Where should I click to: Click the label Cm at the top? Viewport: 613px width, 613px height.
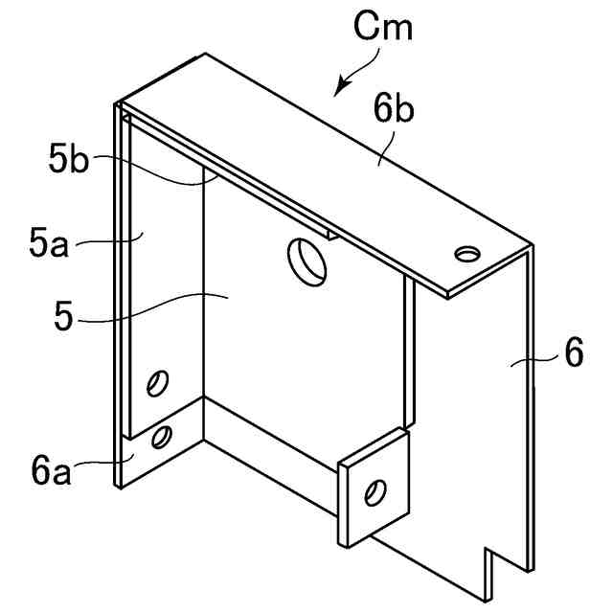pyautogui.click(x=384, y=28)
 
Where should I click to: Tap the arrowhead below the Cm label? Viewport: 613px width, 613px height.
pyautogui.click(x=336, y=93)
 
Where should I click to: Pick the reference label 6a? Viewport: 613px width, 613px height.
pyautogui.click(x=49, y=471)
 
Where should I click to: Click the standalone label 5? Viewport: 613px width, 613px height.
pyautogui.click(x=64, y=317)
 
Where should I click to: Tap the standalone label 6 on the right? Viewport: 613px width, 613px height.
pyautogui.click(x=573, y=354)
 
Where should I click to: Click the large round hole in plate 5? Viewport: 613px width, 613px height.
pyautogui.click(x=307, y=260)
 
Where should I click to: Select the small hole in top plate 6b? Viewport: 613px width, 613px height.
pyautogui.click(x=467, y=253)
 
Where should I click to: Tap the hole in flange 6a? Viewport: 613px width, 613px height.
pyautogui.click(x=164, y=438)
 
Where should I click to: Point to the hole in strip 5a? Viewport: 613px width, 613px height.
pyautogui.click(x=154, y=383)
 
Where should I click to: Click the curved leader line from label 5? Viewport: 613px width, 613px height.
pyautogui.click(x=153, y=308)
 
